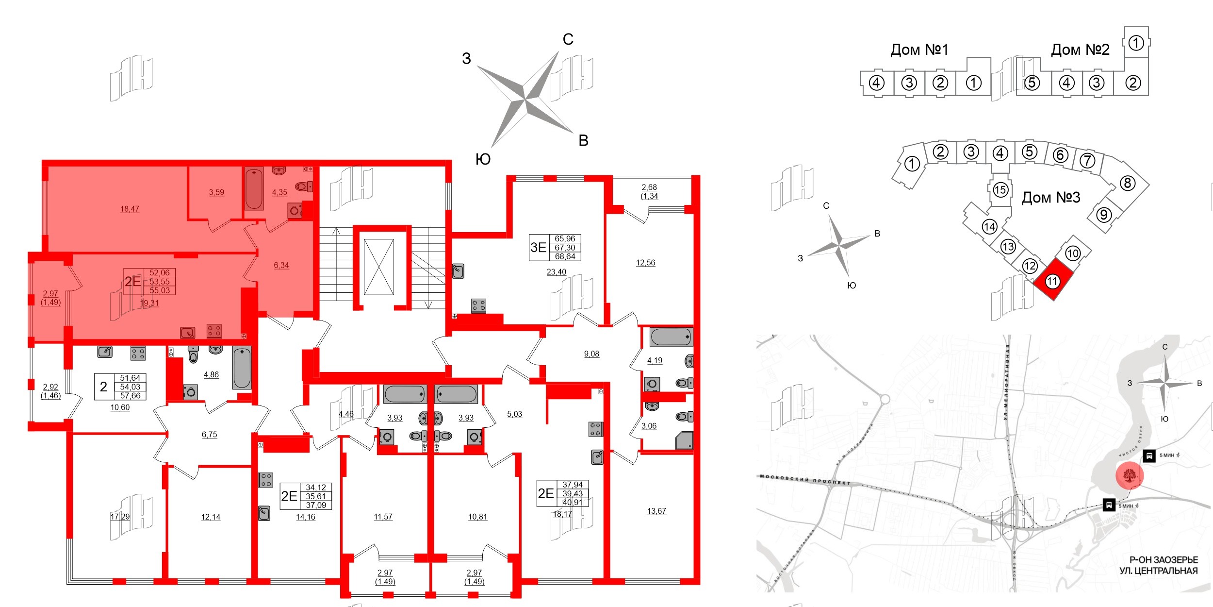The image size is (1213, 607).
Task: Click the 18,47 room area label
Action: click(130, 209)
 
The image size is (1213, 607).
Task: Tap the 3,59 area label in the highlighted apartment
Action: click(216, 192)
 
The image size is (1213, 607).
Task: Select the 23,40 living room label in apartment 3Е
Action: click(556, 272)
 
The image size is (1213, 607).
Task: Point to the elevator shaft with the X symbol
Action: click(378, 267)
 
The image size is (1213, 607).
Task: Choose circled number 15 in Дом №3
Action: click(1000, 189)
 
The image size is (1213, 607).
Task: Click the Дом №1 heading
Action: click(919, 50)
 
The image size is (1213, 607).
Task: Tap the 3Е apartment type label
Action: click(538, 247)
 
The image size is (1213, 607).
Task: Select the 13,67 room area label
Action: click(656, 511)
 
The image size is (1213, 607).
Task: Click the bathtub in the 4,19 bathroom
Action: click(671, 337)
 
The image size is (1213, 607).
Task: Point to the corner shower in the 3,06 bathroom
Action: click(685, 441)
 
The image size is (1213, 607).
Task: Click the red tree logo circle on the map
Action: click(1130, 475)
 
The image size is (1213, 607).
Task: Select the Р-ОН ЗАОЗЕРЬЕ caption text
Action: click(1164, 560)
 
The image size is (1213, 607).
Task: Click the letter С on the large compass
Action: click(568, 39)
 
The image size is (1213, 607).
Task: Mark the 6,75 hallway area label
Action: click(209, 435)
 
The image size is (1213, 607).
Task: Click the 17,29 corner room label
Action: click(120, 517)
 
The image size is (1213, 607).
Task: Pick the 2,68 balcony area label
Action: click(649, 187)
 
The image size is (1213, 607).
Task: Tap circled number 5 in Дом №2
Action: click(1032, 83)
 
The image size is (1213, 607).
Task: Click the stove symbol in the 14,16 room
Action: click(265, 480)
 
